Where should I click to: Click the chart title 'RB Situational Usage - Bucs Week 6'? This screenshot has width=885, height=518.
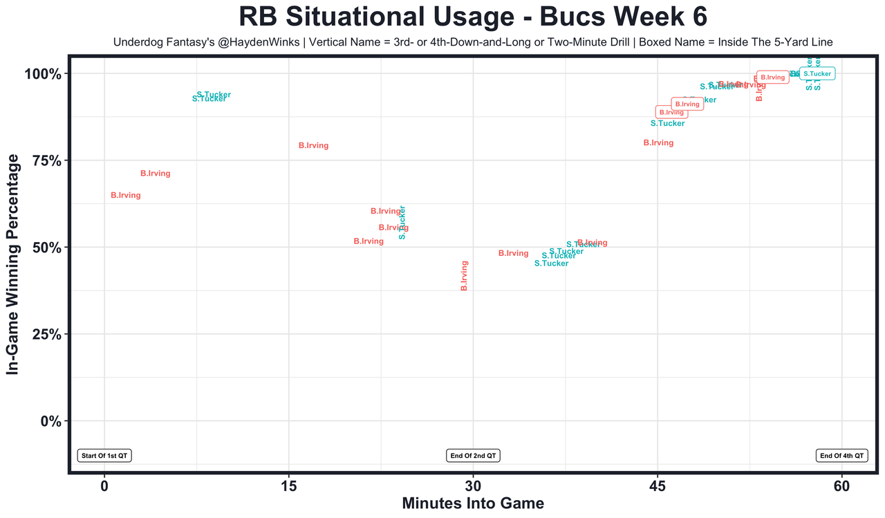pyautogui.click(x=473, y=17)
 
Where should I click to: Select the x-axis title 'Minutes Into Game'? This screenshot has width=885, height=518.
pyautogui.click(x=473, y=503)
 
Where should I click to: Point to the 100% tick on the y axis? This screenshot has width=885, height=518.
pyautogui.click(x=48, y=74)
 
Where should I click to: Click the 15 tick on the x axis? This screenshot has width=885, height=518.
pyautogui.click(x=288, y=485)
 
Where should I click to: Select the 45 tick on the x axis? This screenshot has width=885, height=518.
pyautogui.click(x=658, y=485)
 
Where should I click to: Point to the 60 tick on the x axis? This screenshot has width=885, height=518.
pyautogui.click(x=842, y=485)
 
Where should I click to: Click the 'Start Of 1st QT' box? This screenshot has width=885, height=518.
pyautogui.click(x=104, y=456)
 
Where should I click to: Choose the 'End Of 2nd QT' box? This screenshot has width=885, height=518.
pyautogui.click(x=473, y=456)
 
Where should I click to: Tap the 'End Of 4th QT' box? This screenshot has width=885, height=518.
pyautogui.click(x=842, y=456)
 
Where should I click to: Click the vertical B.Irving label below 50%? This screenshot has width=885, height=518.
pyautogui.click(x=465, y=275)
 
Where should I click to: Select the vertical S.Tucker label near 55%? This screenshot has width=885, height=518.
pyautogui.click(x=402, y=223)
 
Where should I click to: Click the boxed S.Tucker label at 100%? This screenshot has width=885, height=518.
pyautogui.click(x=817, y=73)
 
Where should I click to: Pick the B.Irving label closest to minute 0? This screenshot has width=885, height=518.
pyautogui.click(x=126, y=196)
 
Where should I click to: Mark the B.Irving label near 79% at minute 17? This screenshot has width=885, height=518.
pyautogui.click(x=313, y=146)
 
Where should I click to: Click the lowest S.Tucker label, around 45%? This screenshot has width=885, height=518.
pyautogui.click(x=552, y=263)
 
